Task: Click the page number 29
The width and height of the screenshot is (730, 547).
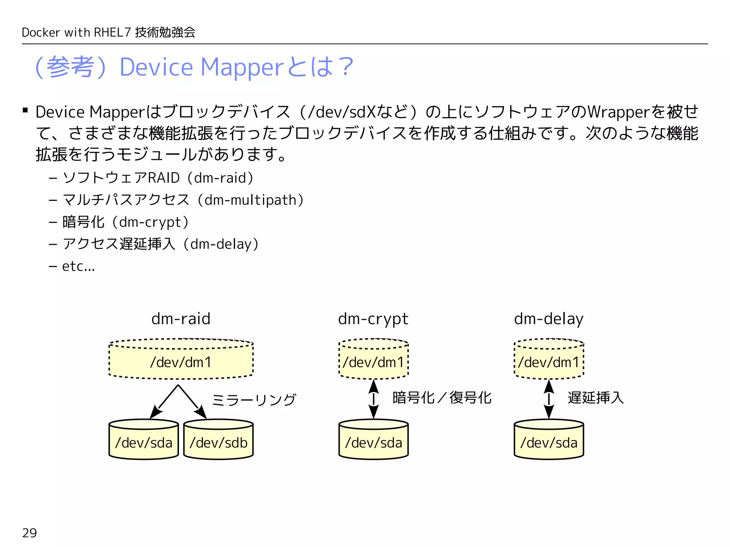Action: [29, 533]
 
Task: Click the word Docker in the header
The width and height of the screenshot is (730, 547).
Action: [40, 32]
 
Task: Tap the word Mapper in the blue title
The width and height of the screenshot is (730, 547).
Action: [242, 67]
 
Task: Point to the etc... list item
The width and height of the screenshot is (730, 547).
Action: [78, 266]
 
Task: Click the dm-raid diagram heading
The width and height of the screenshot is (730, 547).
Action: [181, 319]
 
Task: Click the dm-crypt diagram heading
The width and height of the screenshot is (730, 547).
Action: [373, 319]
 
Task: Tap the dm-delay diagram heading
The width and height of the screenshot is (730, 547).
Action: [549, 319]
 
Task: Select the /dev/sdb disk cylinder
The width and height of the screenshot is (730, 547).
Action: [219, 441]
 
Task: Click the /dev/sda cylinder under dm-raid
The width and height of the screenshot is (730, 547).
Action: [144, 441]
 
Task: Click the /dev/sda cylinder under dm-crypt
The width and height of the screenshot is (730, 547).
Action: [374, 441]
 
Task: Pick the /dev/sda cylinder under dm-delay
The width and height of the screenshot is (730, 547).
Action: [549, 441]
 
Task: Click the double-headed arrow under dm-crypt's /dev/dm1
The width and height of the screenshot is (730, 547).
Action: [374, 399]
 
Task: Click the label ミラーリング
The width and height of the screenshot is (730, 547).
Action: [254, 400]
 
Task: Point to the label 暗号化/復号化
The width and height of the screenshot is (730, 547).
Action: [442, 398]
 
